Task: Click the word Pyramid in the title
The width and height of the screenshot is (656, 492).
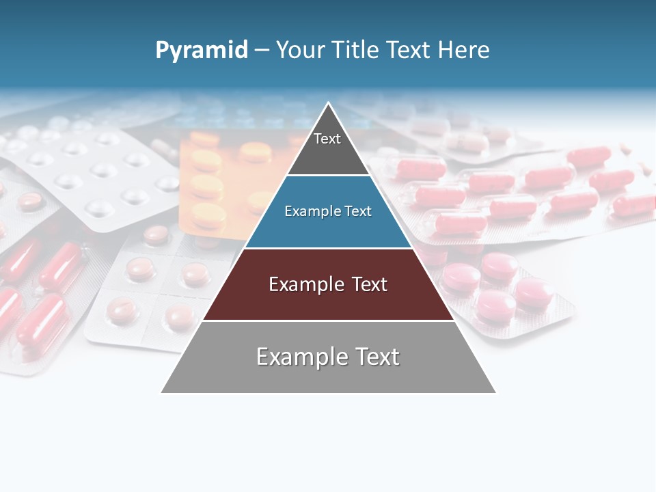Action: tap(201, 51)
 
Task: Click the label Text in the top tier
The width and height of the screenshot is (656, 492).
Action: tap(327, 139)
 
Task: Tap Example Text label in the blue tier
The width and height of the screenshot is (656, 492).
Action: tap(328, 211)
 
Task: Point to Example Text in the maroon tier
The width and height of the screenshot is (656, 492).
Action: tap(328, 284)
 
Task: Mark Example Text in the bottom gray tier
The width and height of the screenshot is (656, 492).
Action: tap(328, 357)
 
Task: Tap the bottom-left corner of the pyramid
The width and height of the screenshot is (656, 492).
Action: tap(162, 392)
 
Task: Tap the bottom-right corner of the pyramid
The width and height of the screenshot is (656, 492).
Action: tap(495, 392)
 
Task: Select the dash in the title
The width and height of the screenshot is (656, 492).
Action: tap(262, 51)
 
